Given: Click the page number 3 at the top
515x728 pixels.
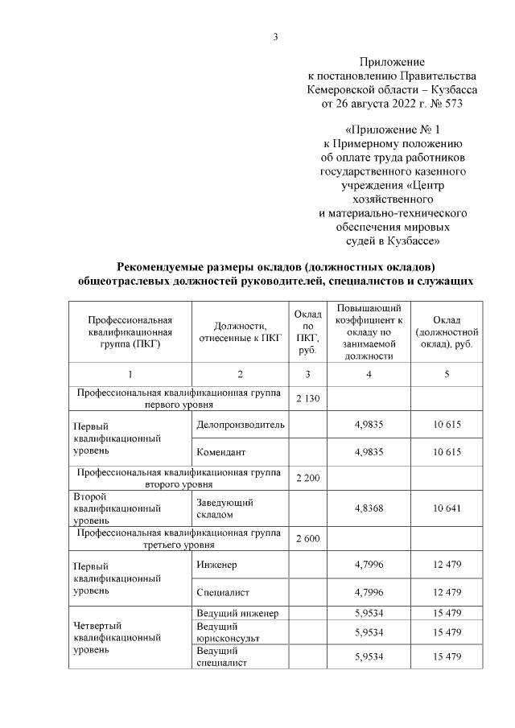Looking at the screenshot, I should click(x=276, y=36).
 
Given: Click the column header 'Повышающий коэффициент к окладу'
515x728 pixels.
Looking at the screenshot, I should click(x=370, y=331).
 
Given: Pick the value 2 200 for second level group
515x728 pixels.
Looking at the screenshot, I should click(x=309, y=479).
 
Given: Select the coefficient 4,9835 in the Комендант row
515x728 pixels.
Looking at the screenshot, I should click(x=370, y=451).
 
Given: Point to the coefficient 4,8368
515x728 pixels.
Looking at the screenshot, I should click(x=370, y=508).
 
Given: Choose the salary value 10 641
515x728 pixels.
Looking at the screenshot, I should click(x=447, y=508).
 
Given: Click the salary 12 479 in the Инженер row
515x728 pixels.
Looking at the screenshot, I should click(x=447, y=565).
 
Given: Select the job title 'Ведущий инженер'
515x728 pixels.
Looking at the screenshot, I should click(x=237, y=614).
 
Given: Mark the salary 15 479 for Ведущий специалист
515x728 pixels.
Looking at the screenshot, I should click(x=447, y=657).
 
